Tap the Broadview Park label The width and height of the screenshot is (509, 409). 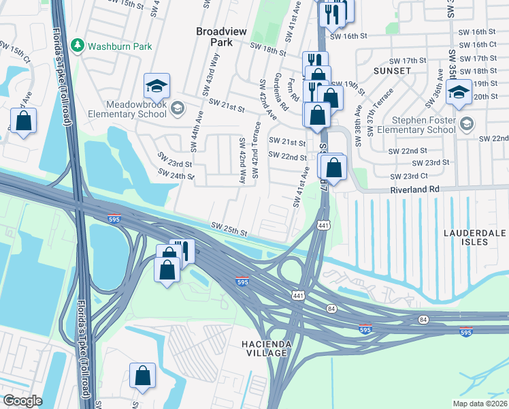223,37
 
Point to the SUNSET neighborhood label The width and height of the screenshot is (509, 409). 392,70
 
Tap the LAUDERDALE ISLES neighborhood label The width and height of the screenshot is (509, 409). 474,237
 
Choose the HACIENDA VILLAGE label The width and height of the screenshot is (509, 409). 267,349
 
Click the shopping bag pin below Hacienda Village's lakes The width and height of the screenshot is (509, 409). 143,376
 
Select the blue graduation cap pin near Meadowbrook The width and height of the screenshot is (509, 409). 156,87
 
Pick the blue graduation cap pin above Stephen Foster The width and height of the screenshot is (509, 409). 459,92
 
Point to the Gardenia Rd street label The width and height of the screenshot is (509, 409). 279,93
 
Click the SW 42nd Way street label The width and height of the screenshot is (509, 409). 242,160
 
